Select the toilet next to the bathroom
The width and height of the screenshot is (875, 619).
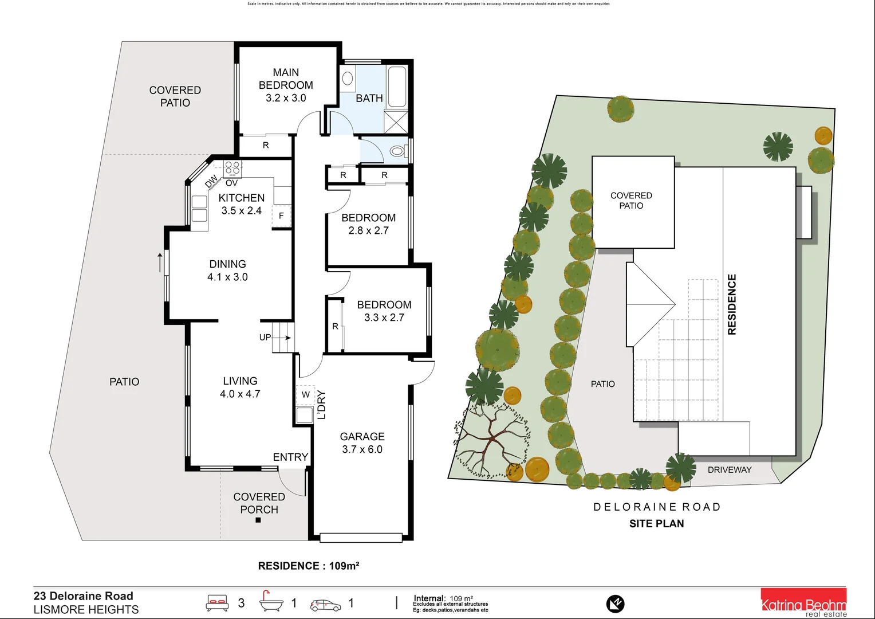tap(397, 152)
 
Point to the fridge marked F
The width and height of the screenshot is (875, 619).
tap(281, 216)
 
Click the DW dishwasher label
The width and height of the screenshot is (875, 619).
tap(211, 181)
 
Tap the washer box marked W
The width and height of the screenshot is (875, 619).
tap(305, 394)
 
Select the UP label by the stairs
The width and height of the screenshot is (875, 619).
tap(265, 337)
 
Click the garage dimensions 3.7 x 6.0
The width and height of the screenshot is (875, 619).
tap(362, 449)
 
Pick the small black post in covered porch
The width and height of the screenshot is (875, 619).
tap(258, 520)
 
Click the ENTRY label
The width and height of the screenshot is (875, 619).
tap(290, 457)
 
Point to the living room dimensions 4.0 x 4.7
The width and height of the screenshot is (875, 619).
tap(240, 394)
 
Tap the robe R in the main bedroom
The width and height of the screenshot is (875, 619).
tap(266, 146)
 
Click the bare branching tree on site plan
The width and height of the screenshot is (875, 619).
tap(490, 439)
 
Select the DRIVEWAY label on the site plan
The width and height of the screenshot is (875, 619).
tap(729, 469)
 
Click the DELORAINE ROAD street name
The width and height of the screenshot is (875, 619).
tap(656, 507)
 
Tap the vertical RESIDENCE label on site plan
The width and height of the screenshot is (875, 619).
tap(732, 304)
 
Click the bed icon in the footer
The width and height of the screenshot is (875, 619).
tap(217, 603)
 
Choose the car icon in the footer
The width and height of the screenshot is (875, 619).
tap(325, 605)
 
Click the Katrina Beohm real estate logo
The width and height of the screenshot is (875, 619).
tap(803, 603)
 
